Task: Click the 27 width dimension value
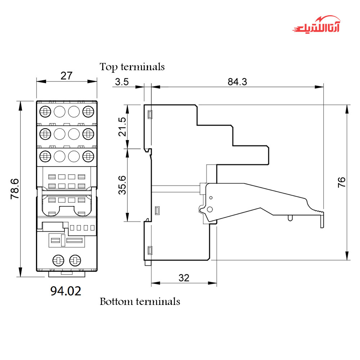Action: (x=67, y=76)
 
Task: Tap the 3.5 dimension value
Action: (x=122, y=82)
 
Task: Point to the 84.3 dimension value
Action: (x=237, y=82)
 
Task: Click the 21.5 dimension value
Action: (x=123, y=127)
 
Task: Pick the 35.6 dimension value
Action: (x=123, y=185)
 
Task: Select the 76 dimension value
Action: (x=342, y=182)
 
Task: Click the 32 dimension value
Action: (x=184, y=278)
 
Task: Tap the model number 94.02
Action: (x=66, y=291)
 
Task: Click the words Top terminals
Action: (x=132, y=67)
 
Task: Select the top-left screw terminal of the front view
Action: (x=45, y=111)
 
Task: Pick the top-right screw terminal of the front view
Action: (x=88, y=111)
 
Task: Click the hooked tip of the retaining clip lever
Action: (x=323, y=220)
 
